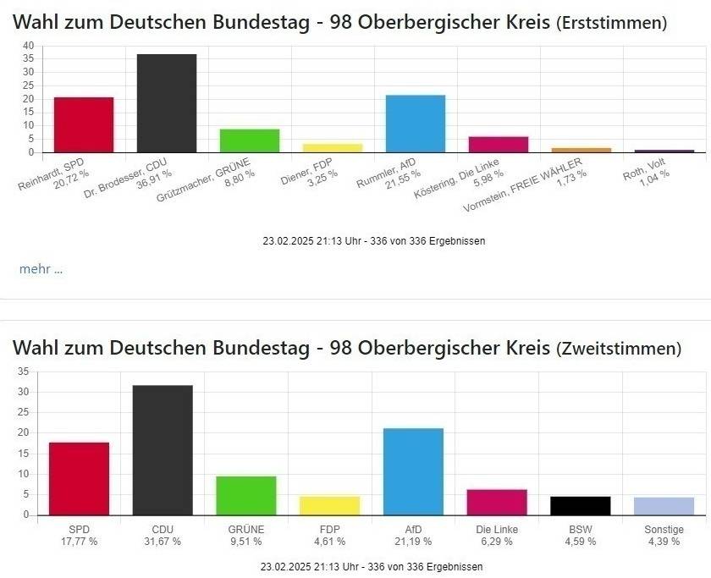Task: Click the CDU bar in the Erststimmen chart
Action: [x=166, y=103]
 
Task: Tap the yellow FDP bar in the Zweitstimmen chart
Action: [x=329, y=505]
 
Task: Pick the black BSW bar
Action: [x=580, y=505]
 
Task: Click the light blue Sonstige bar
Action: [x=664, y=506]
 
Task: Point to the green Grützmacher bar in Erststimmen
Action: [x=249, y=140]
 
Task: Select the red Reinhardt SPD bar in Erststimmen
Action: [x=83, y=124]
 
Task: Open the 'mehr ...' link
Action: [x=41, y=269]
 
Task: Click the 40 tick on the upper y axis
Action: [x=29, y=46]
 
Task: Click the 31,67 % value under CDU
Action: [x=163, y=542]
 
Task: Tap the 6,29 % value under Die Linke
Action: [x=497, y=542]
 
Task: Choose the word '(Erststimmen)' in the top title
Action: [x=611, y=23]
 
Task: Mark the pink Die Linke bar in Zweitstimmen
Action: [x=497, y=502]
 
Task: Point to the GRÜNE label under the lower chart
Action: [x=246, y=529]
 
